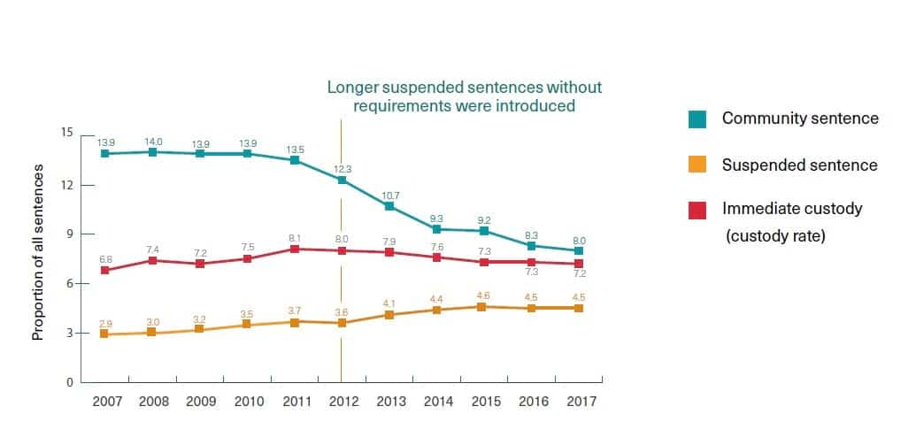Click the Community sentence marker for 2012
coord(342,180)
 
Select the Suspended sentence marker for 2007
coord(105,334)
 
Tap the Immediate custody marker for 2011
coord(295,249)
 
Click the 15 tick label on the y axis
coord(66,133)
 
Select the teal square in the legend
coord(697,119)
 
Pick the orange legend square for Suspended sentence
coord(697,165)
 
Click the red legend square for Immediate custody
coord(697,209)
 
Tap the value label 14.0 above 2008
coord(153,142)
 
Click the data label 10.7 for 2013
coord(389,195)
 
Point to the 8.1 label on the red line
coord(295,237)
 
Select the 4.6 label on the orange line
coord(483,295)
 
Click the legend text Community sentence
coord(800,119)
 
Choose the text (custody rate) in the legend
coord(775,236)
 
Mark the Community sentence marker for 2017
coord(579,251)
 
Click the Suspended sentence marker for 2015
coord(483,307)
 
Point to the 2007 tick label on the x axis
coord(105,401)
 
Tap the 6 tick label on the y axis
coord(69,284)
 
